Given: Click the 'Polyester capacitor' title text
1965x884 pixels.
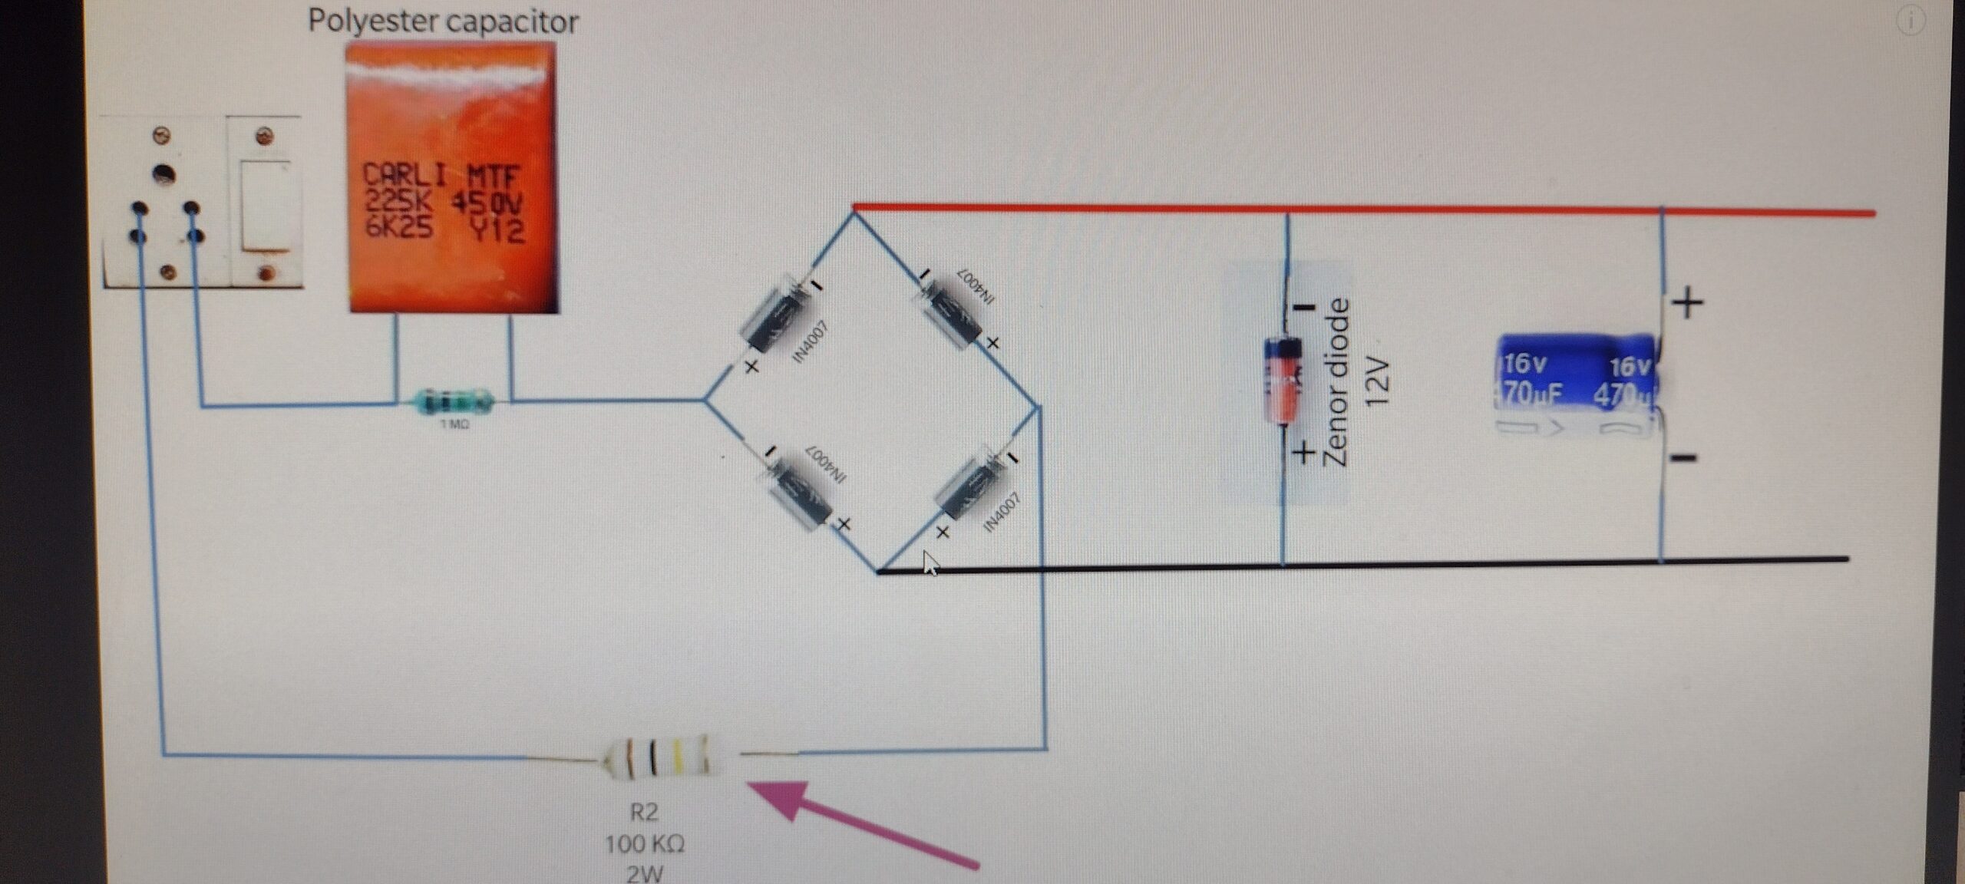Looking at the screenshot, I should point(443,21).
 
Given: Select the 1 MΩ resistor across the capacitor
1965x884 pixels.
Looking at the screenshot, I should point(453,401).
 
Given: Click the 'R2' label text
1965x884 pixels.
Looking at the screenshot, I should point(644,812).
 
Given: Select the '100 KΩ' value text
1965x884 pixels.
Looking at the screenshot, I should point(644,845).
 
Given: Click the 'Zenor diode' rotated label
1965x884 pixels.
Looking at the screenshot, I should point(1336,381).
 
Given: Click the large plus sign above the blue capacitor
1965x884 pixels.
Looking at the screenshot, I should point(1687,304).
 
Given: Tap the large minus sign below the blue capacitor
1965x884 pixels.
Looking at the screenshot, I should point(1683,458).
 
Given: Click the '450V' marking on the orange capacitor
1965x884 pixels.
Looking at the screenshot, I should point(487,204).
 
